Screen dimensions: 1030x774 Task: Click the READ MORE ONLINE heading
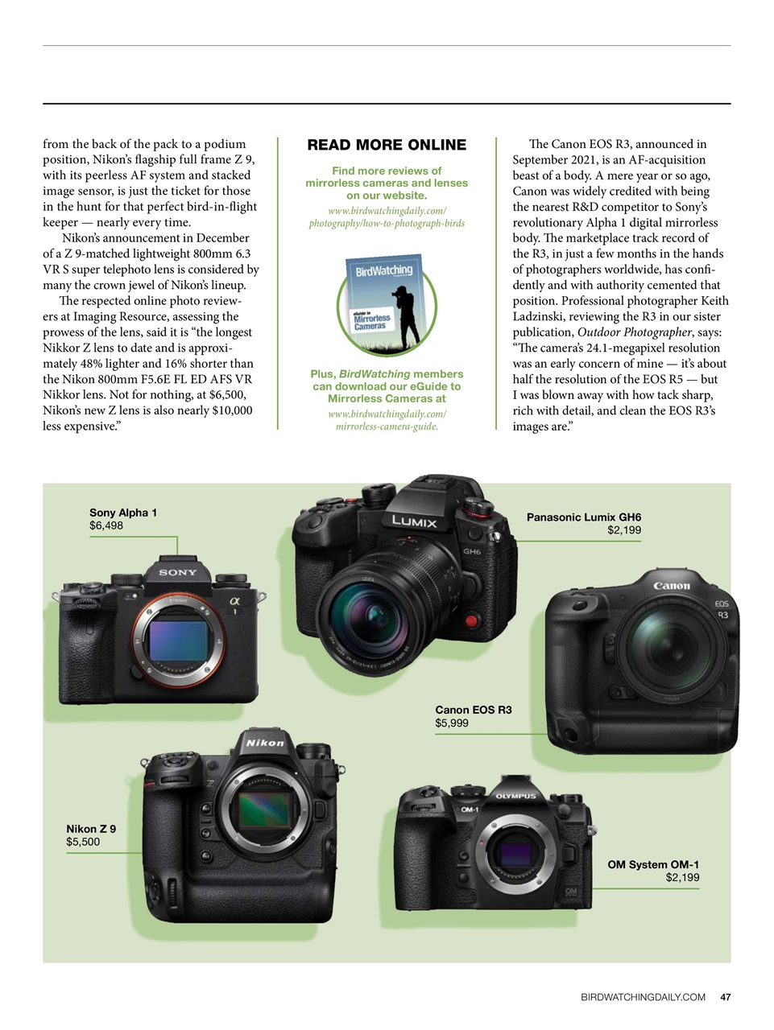coord(387,145)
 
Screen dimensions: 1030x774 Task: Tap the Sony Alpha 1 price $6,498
coord(106,525)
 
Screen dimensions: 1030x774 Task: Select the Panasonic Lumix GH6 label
coord(584,517)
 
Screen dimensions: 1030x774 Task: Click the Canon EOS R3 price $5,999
coord(452,723)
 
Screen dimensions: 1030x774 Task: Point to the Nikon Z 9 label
coord(91,829)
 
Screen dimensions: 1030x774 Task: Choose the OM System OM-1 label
coord(653,864)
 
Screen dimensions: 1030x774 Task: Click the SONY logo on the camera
coord(178,572)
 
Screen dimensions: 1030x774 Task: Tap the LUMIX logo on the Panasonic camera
coord(415,521)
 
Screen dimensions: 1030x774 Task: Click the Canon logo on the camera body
coord(672,586)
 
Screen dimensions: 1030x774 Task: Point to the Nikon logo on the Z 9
coord(265,743)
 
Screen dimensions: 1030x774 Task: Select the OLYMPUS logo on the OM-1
coord(515,796)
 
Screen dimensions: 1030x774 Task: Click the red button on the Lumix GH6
coord(471,621)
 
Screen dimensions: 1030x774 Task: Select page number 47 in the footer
coord(726,997)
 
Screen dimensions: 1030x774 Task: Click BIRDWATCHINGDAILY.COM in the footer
coord(643,997)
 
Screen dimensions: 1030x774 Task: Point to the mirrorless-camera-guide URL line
coord(387,426)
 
